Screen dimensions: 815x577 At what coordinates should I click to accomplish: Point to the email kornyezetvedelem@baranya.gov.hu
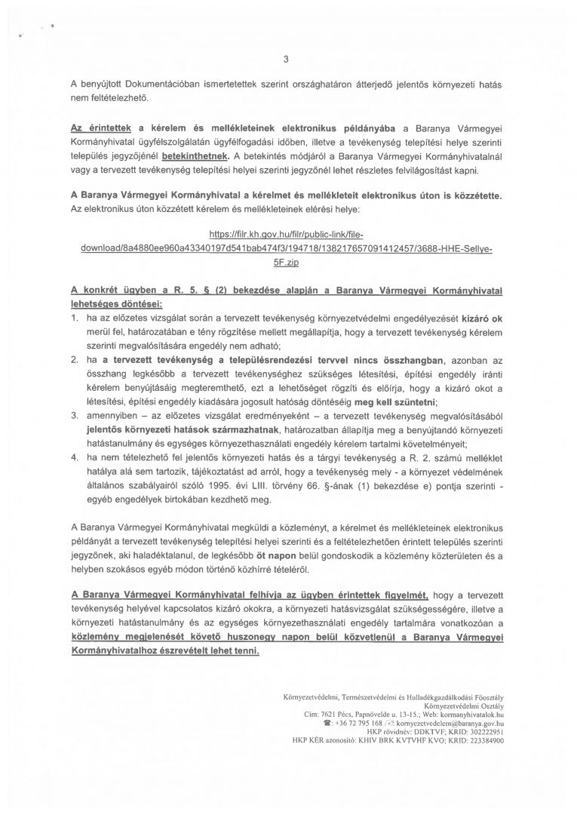(x=448, y=722)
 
